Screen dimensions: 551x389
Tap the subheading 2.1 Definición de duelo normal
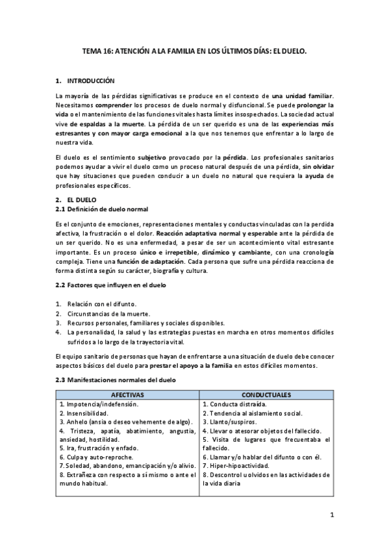[x=102, y=209]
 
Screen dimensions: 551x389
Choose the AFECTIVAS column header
[x=127, y=394]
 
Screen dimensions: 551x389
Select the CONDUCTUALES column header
[x=266, y=394]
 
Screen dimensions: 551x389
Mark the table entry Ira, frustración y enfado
[x=99, y=448]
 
